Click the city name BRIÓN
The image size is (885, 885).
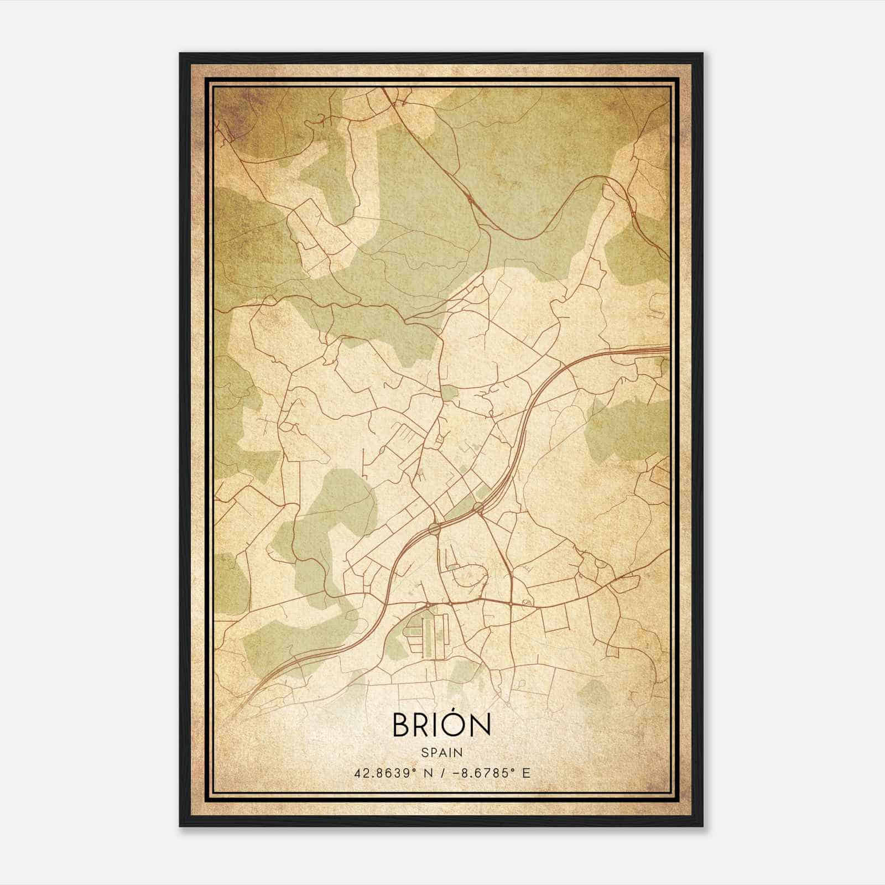click(x=441, y=724)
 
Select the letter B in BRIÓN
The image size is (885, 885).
click(x=402, y=725)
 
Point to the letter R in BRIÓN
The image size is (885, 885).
click(x=423, y=725)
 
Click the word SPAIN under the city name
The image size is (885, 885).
click(x=441, y=752)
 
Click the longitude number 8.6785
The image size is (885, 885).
click(x=480, y=773)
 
